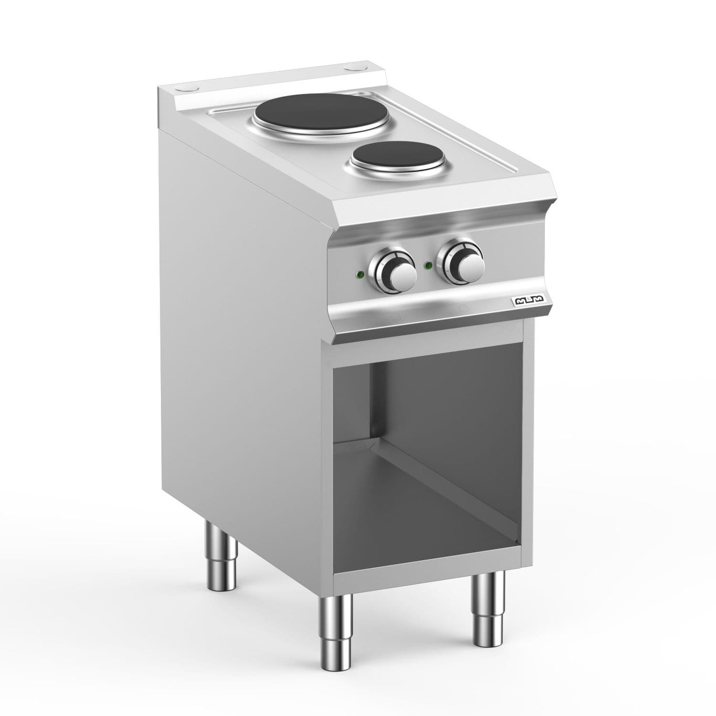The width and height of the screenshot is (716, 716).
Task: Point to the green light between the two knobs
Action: pyautogui.click(x=429, y=265)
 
